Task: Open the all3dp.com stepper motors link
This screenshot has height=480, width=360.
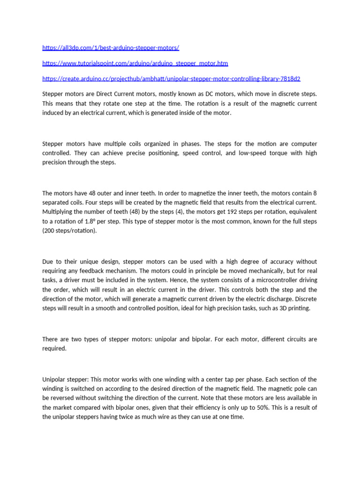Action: (x=111, y=48)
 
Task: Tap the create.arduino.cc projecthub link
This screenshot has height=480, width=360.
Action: (x=171, y=78)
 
